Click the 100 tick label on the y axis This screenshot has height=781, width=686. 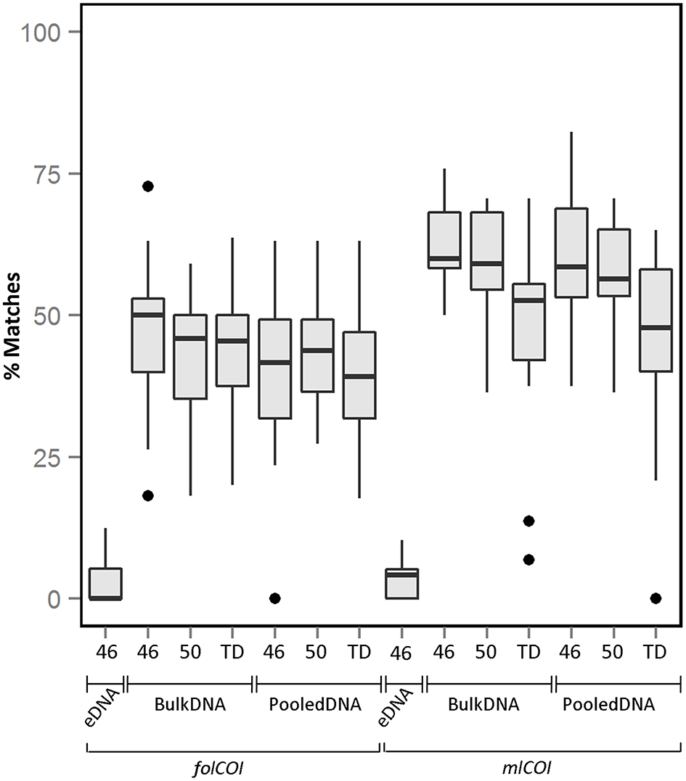(45, 32)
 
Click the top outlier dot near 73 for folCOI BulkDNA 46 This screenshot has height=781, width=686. (147, 186)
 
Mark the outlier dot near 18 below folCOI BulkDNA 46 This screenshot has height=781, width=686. (147, 495)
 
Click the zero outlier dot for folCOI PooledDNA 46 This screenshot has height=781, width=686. (274, 598)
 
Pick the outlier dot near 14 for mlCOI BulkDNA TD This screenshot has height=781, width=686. (528, 521)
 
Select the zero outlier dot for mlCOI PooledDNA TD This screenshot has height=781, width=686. (656, 598)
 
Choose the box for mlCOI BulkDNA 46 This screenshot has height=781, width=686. (444, 240)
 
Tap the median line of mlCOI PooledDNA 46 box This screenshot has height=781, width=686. (571, 266)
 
